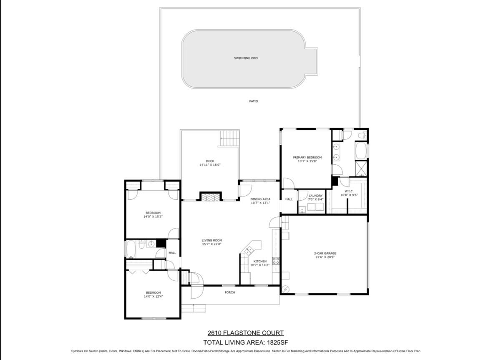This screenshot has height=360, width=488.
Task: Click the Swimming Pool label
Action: (x=246, y=58)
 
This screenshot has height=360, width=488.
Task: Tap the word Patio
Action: (x=254, y=101)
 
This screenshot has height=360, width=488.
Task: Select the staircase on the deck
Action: (x=230, y=138)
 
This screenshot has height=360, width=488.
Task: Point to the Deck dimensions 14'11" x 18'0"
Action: (x=210, y=165)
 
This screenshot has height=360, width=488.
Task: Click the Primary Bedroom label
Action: (x=307, y=157)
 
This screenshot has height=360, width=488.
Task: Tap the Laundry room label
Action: (x=315, y=196)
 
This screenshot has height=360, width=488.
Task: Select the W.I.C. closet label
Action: (x=349, y=191)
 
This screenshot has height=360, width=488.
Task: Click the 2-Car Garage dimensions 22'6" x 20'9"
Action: (x=325, y=257)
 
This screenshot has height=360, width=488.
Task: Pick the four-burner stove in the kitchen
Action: (x=276, y=260)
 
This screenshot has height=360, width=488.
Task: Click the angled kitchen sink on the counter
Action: (x=249, y=250)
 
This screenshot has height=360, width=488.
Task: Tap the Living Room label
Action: (x=211, y=240)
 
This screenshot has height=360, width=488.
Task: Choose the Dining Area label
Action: (x=260, y=199)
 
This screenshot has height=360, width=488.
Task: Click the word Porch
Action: (x=230, y=292)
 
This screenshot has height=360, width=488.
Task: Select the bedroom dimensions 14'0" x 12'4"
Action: (x=153, y=296)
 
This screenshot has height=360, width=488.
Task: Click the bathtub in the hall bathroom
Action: (x=131, y=249)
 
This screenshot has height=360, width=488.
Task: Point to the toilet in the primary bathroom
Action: (x=362, y=135)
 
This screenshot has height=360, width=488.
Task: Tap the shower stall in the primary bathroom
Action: (x=361, y=169)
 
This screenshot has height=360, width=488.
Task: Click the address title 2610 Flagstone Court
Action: (x=246, y=333)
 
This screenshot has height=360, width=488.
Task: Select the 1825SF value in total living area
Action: (x=277, y=342)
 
